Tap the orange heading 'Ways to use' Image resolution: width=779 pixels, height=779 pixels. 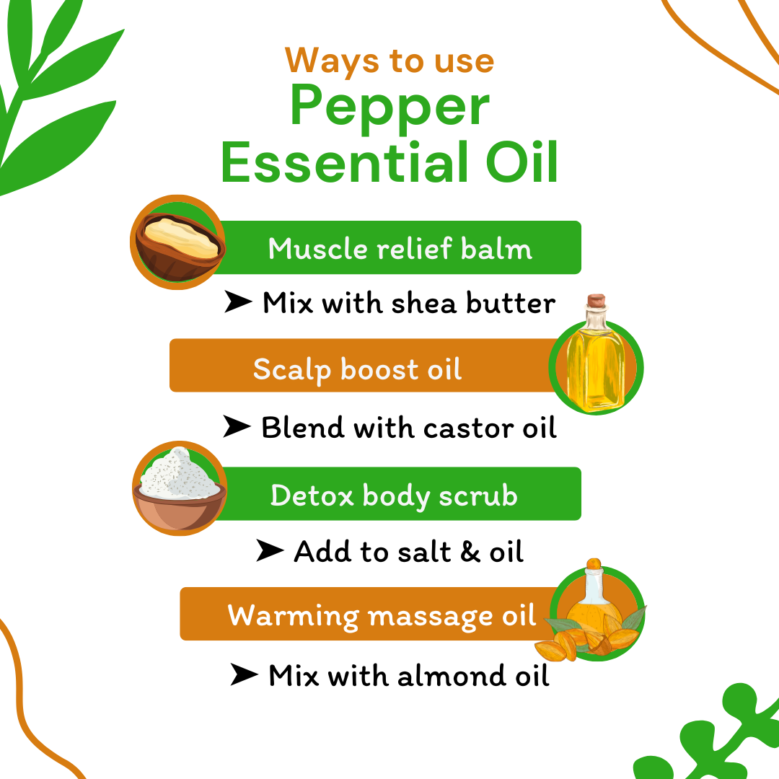(389, 61)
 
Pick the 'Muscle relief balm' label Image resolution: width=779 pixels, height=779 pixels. (400, 249)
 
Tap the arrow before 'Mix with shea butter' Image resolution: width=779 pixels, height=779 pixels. (237, 303)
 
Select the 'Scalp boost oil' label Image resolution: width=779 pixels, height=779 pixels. (357, 369)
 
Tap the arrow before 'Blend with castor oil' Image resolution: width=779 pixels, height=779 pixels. (237, 428)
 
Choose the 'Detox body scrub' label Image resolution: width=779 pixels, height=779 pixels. (394, 496)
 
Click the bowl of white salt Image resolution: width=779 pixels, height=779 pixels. (180, 488)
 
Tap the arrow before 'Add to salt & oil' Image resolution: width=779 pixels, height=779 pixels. (270, 552)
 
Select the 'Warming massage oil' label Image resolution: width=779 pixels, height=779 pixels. (382, 616)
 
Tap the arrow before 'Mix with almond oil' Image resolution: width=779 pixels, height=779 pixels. (244, 676)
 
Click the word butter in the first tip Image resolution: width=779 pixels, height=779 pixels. (511, 303)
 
